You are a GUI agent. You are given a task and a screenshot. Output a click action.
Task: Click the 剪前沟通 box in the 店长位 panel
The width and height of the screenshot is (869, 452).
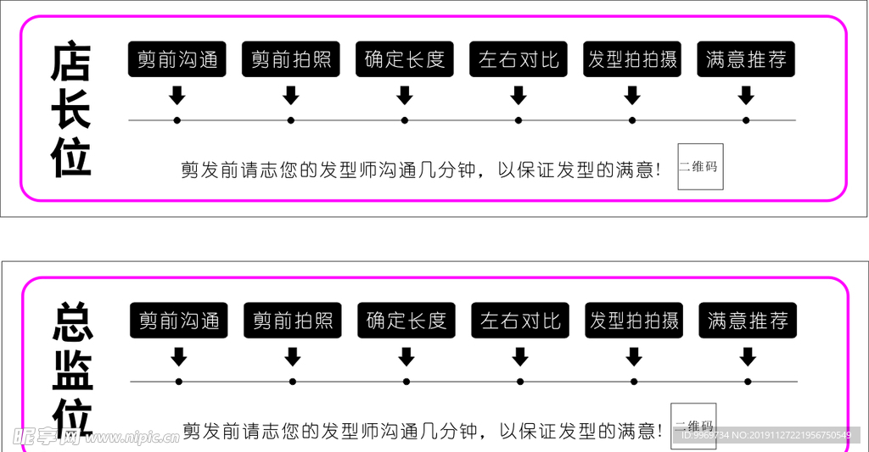coord(177,59)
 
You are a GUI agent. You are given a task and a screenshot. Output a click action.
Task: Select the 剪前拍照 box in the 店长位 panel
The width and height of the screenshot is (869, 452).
coord(291,59)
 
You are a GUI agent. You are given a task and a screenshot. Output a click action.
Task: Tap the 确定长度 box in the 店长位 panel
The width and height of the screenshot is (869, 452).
coord(405,59)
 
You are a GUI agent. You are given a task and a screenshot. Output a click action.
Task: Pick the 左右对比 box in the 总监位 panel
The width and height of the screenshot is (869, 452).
coord(520,321)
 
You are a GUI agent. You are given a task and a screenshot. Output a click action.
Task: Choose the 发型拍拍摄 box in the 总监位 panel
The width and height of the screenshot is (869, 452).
coord(634,321)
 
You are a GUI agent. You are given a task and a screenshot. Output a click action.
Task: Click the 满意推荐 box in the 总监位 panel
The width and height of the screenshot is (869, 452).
coord(748,321)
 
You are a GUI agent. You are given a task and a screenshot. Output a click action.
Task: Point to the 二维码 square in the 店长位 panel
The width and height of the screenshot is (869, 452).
coord(700,166)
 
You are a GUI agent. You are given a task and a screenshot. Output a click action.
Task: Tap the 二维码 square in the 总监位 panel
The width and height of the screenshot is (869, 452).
coord(693,426)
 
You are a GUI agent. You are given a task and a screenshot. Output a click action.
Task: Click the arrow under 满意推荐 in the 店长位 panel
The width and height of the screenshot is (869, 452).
coord(746,95)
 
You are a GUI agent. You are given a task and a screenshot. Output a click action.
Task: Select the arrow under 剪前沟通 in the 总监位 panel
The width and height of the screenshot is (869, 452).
coord(178,356)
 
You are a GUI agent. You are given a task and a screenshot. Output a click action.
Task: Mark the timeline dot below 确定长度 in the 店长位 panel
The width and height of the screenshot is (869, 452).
coord(405,120)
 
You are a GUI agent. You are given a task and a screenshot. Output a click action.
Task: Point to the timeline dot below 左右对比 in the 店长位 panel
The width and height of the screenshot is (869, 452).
coord(519,120)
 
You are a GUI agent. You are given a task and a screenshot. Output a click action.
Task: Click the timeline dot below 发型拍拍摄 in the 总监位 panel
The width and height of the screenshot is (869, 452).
coord(634,382)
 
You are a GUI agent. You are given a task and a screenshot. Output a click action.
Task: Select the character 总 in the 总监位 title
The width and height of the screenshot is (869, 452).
coord(73,321)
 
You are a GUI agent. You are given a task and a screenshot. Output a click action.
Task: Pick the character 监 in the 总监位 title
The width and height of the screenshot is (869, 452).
coord(73,371)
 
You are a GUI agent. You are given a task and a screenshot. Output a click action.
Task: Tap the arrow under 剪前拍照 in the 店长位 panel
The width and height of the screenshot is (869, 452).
coord(291,95)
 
